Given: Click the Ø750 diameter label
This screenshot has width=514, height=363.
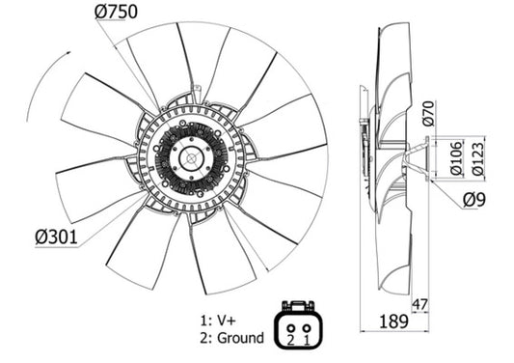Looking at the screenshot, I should click(x=116, y=12).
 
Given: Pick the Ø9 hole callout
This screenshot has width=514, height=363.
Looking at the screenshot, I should click(x=473, y=200).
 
